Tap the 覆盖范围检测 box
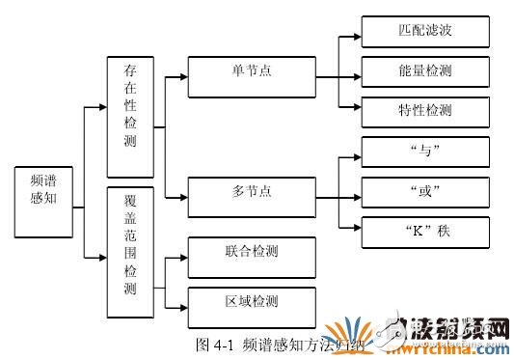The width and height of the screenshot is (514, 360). pos(130,248)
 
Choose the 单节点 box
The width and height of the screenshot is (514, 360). pos(251,77)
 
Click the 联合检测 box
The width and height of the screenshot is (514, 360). pos(251,256)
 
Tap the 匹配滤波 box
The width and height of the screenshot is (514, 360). pos(423,31)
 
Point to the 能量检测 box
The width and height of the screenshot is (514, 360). pos(423,71)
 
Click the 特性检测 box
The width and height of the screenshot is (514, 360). pos(423,110)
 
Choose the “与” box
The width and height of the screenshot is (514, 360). pos(423,152)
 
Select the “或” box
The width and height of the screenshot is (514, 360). pos(423,190)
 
